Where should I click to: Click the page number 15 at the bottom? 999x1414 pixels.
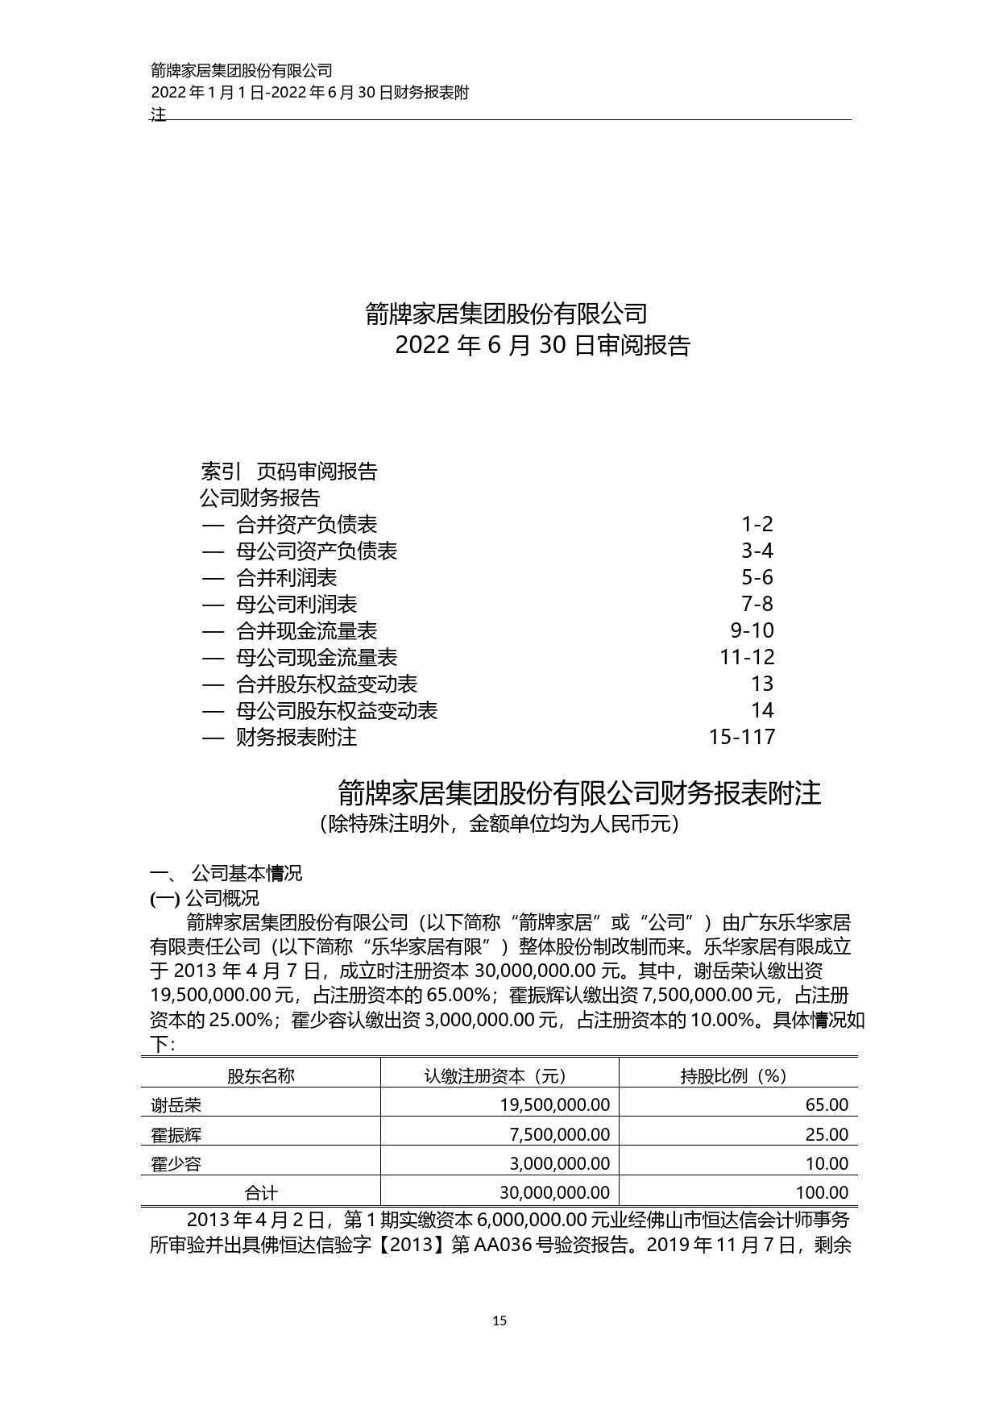499,1320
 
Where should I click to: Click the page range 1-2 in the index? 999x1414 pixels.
757,525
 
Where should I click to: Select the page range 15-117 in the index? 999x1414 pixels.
741,737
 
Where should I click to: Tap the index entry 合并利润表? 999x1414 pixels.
286,578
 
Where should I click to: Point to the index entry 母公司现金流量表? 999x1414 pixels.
316,658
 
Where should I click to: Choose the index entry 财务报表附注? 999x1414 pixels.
296,737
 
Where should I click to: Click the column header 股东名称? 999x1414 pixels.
260,1076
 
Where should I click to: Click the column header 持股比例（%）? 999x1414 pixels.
734,1076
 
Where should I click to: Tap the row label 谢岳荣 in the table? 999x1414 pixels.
176,1105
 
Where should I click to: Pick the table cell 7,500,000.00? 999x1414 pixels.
560,1134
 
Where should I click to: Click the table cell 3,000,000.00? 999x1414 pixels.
560,1163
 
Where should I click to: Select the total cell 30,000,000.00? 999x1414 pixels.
554,1192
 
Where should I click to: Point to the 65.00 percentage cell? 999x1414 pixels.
827,1105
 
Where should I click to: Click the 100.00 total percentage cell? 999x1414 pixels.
822,1192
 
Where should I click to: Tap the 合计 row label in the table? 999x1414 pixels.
260,1193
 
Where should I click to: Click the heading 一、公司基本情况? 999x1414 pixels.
226,873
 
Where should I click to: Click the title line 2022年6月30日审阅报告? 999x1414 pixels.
543,346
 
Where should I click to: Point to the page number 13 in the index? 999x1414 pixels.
761,684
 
